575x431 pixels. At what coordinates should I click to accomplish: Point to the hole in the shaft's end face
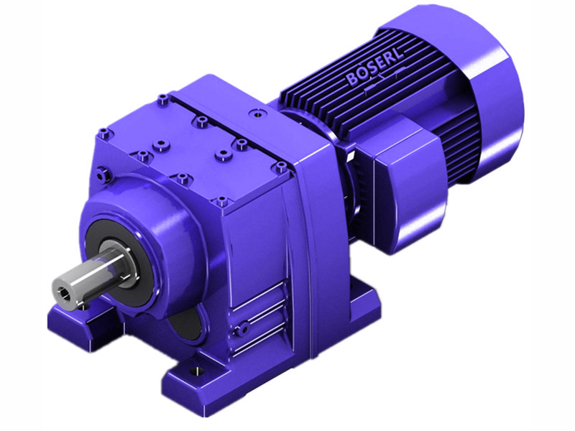[x=67, y=295]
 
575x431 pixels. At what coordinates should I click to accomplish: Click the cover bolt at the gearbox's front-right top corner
[x=279, y=167]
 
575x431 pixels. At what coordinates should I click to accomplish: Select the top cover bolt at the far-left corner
[x=104, y=132]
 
